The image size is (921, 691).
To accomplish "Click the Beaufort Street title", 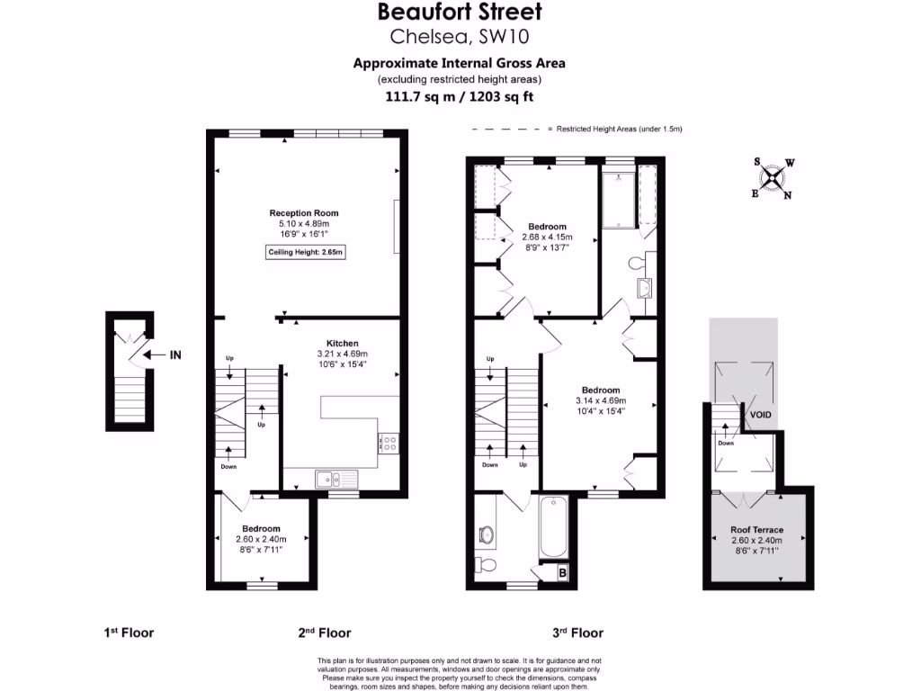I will point(460,13).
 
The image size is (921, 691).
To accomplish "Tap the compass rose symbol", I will point(773,177).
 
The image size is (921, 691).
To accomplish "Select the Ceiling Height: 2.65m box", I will point(307,252).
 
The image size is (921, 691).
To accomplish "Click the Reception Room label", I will point(304,213).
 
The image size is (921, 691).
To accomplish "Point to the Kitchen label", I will point(343,344).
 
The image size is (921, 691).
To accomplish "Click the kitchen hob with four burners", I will point(390,441).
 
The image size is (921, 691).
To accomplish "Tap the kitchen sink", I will point(325,480).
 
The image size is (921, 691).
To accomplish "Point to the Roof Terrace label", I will point(756,531).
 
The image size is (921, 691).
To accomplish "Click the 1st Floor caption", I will point(129,633).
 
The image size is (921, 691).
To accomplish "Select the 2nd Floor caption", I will point(325,633).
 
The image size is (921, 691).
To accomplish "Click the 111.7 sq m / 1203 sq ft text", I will point(460,96).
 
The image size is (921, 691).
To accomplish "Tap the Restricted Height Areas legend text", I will point(620,130).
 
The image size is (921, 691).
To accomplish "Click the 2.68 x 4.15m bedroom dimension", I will point(547,238).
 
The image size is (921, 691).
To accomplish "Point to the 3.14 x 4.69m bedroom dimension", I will point(601,400).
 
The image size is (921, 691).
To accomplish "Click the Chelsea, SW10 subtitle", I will point(460,37).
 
